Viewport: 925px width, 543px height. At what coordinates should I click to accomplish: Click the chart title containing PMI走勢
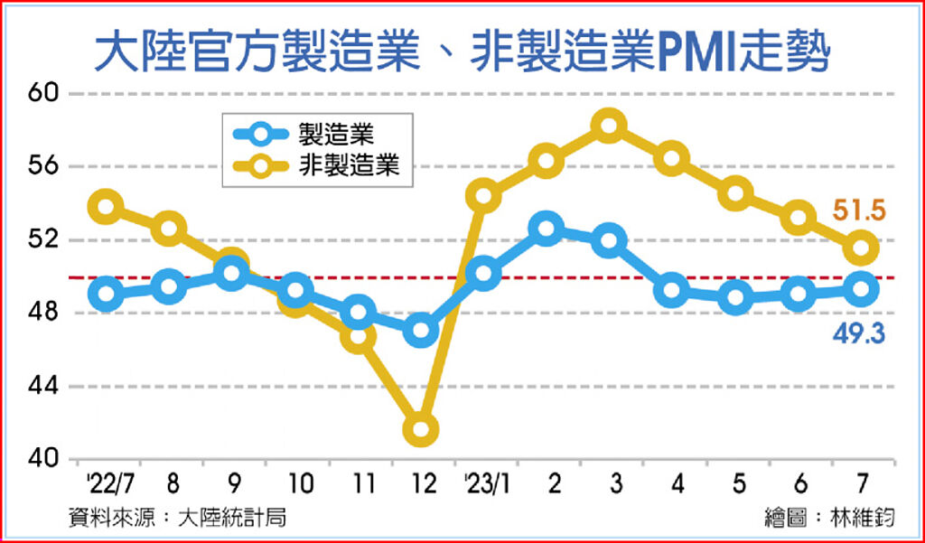coord(462,51)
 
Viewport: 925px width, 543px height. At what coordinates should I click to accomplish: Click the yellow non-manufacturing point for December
coord(421,429)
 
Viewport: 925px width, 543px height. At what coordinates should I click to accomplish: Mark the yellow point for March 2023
coord(610,126)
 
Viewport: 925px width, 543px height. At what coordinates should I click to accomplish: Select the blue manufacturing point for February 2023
coord(547,228)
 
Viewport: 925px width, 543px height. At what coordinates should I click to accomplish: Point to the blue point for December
coord(421,331)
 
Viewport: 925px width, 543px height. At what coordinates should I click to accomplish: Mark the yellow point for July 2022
coord(106,206)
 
